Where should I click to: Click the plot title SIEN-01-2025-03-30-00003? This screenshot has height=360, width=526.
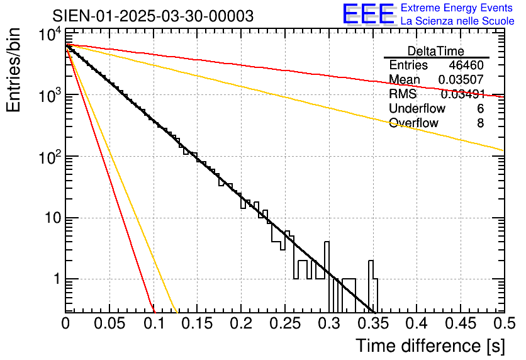point(153,16)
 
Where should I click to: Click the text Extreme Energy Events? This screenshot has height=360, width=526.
point(457,8)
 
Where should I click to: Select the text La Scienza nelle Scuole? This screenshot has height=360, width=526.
point(457,21)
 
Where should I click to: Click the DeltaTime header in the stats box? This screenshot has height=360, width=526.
point(435,51)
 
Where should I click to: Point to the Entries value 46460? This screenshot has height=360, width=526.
point(466,65)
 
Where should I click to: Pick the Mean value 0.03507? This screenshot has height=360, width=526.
point(461,80)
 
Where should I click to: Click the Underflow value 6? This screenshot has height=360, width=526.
point(480,109)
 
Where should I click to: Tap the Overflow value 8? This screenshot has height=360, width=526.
point(480,123)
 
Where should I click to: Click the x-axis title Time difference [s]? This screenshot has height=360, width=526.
point(429,346)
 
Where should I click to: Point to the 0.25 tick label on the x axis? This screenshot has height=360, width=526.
point(240,323)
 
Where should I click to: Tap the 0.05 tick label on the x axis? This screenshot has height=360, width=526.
point(109,323)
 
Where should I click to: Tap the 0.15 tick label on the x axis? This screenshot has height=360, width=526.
point(197,323)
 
